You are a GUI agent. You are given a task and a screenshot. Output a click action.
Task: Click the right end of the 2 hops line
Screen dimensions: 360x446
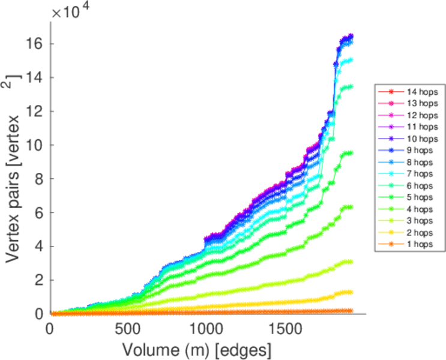pos(351,292)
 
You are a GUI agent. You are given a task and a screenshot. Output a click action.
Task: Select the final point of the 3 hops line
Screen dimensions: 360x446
pos(351,262)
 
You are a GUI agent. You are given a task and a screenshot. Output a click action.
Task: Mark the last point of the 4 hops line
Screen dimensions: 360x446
pos(351,207)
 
